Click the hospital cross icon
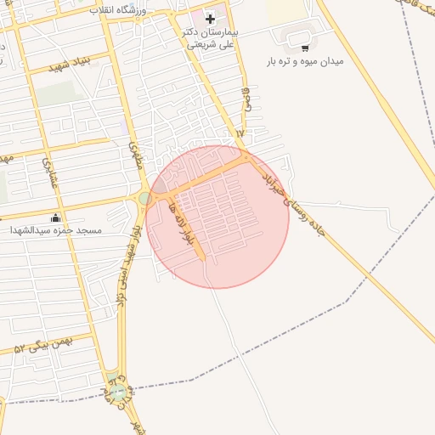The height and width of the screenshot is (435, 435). (x=210, y=18)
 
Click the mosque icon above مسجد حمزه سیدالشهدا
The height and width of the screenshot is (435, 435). (x=56, y=217)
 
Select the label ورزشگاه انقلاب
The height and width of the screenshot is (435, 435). (x=118, y=10)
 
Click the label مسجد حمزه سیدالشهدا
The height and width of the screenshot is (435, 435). (x=55, y=230)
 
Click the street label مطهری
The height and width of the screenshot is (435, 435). (x=133, y=155)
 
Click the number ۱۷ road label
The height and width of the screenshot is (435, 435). (x=240, y=134)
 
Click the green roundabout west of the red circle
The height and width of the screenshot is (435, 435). (x=145, y=199)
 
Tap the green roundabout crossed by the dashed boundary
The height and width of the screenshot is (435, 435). (x=119, y=392)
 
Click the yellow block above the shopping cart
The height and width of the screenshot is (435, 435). (x=285, y=10)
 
